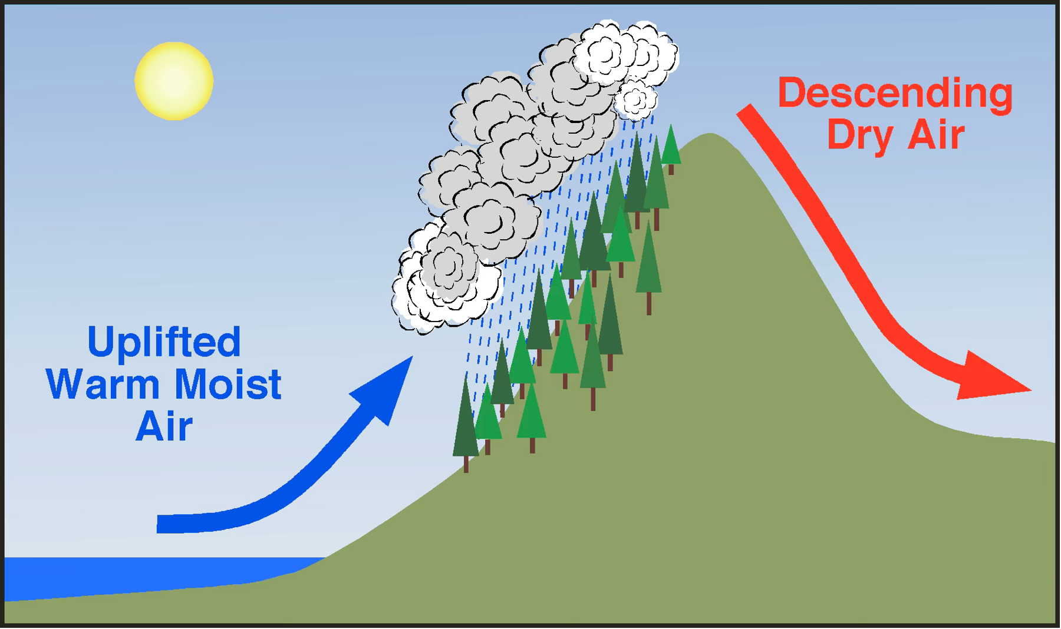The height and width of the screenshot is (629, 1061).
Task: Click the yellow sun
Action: coord(174,81)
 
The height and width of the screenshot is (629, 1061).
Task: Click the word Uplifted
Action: coord(164,342)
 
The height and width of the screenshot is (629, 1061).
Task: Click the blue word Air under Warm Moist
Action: coord(164,426)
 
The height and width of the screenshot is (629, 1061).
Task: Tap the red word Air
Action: coord(935,135)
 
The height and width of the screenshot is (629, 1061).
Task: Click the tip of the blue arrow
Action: coord(412,357)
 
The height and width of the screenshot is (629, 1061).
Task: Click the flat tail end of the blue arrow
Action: coord(157,524)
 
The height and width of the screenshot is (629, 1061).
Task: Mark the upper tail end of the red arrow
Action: coord(744,110)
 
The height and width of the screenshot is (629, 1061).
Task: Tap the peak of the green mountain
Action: coord(710,134)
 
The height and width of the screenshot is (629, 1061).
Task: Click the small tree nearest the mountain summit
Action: coord(671,148)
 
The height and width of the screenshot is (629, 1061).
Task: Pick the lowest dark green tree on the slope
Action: coord(466,421)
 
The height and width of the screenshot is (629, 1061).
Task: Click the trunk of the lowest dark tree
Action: coord(466,464)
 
